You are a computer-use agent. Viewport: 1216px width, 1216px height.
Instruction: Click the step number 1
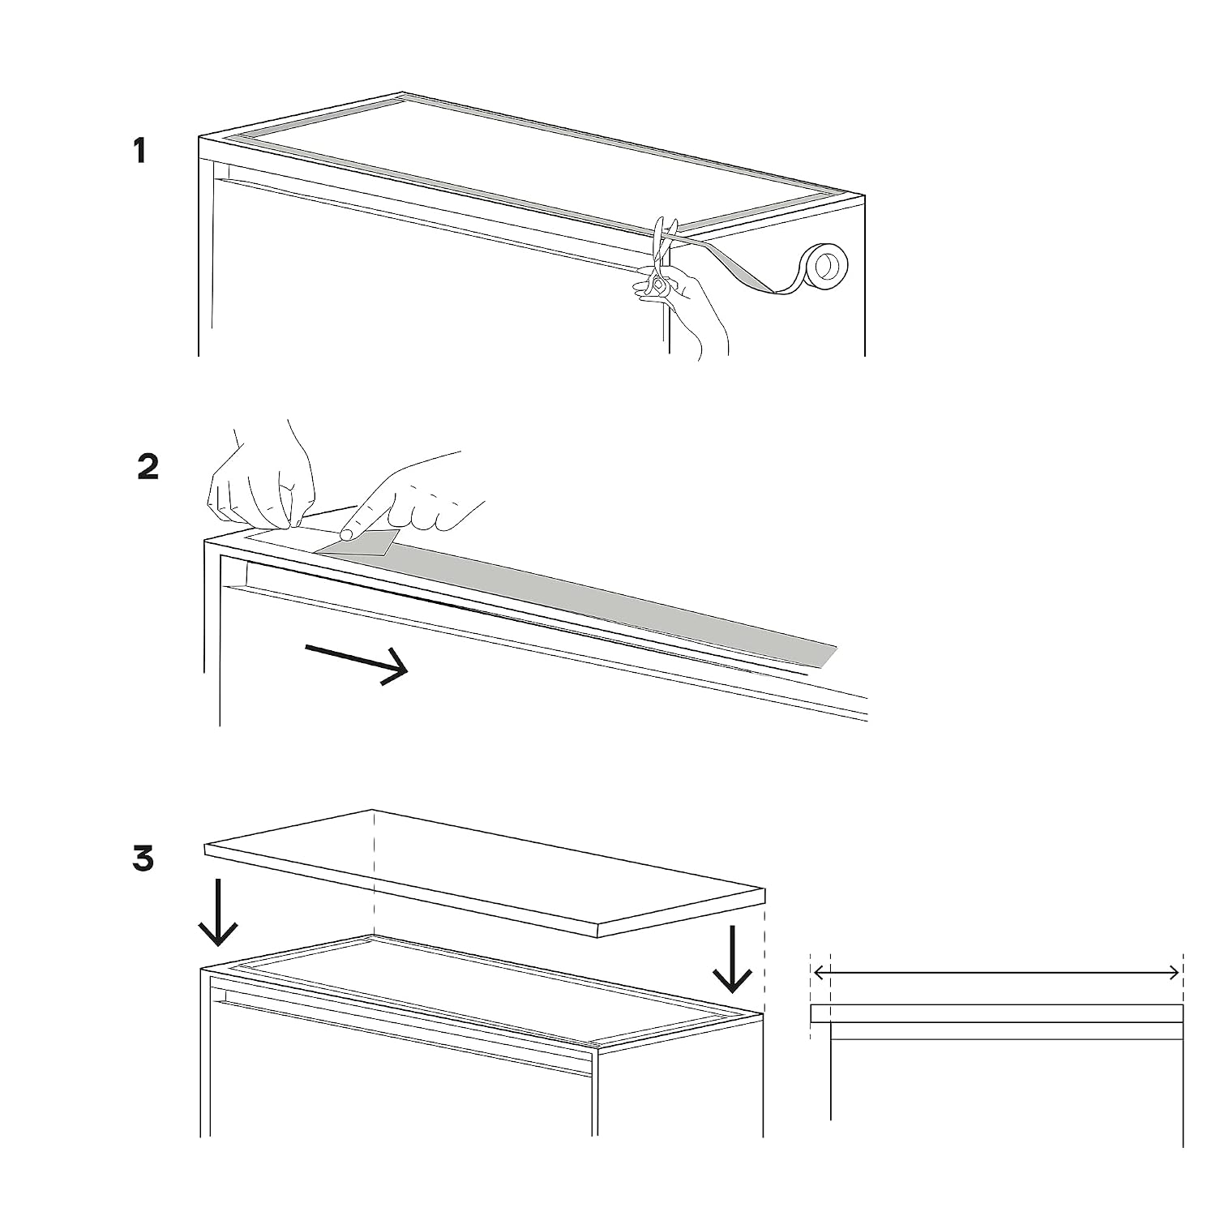tap(140, 151)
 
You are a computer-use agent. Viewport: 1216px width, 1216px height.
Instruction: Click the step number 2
tap(148, 467)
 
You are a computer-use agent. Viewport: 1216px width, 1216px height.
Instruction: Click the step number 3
tap(143, 858)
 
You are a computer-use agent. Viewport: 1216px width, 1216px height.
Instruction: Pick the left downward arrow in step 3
tap(218, 912)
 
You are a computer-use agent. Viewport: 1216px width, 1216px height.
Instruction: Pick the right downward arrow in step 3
tap(732, 959)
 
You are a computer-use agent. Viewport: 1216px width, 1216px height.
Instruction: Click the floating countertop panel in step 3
tap(485, 873)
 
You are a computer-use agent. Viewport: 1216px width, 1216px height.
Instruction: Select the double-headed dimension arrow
tap(996, 972)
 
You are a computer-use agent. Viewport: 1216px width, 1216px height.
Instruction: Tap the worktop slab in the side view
tap(996, 1013)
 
